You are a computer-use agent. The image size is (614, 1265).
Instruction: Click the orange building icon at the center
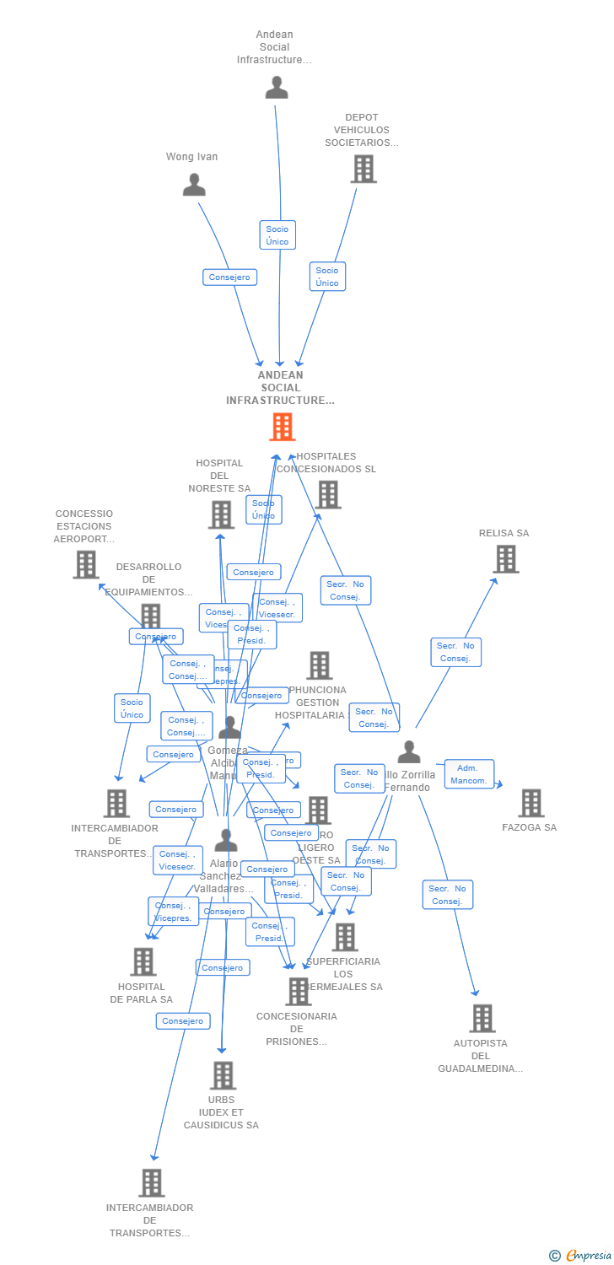283,427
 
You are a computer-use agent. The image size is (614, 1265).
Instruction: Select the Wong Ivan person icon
194,185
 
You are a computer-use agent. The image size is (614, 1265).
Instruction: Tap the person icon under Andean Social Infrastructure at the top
277,88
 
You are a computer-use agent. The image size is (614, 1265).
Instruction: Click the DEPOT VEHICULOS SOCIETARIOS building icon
364,169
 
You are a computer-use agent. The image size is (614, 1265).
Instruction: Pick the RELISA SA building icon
506,558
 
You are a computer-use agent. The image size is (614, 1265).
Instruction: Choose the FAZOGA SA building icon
531,803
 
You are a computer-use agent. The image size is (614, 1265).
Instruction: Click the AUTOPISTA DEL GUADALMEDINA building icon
482,1018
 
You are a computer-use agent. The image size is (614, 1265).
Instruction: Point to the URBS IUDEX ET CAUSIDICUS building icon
223,1075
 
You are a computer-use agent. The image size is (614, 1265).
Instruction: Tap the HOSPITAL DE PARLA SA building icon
143,961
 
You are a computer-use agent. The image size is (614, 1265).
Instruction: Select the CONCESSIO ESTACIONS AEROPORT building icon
86,564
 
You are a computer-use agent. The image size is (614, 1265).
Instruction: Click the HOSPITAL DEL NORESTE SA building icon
221,514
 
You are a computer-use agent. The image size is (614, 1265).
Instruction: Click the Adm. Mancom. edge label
468,774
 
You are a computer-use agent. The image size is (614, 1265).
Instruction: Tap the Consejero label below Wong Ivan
229,277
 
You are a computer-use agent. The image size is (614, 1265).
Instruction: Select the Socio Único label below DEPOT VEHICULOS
327,277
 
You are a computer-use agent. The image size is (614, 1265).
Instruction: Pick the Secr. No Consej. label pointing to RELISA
455,652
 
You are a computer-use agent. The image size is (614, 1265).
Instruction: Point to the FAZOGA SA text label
530,827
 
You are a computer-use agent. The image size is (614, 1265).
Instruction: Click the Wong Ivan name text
191,157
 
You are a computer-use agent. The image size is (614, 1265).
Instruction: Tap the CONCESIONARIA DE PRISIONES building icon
298,992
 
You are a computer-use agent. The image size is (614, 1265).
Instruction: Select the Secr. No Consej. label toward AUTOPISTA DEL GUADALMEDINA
447,895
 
